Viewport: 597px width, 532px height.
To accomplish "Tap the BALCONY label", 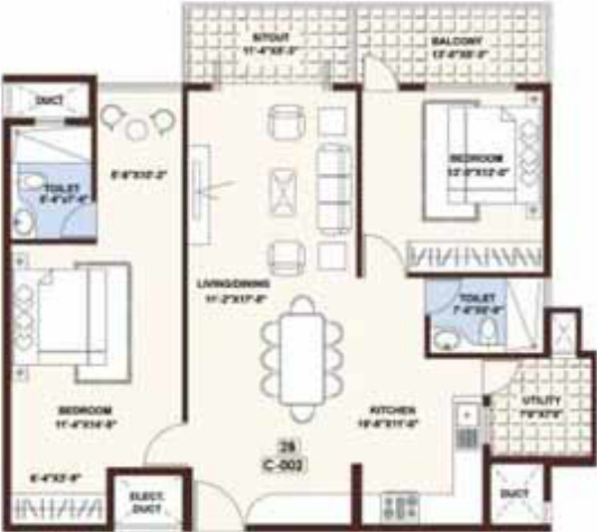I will (457, 41).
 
